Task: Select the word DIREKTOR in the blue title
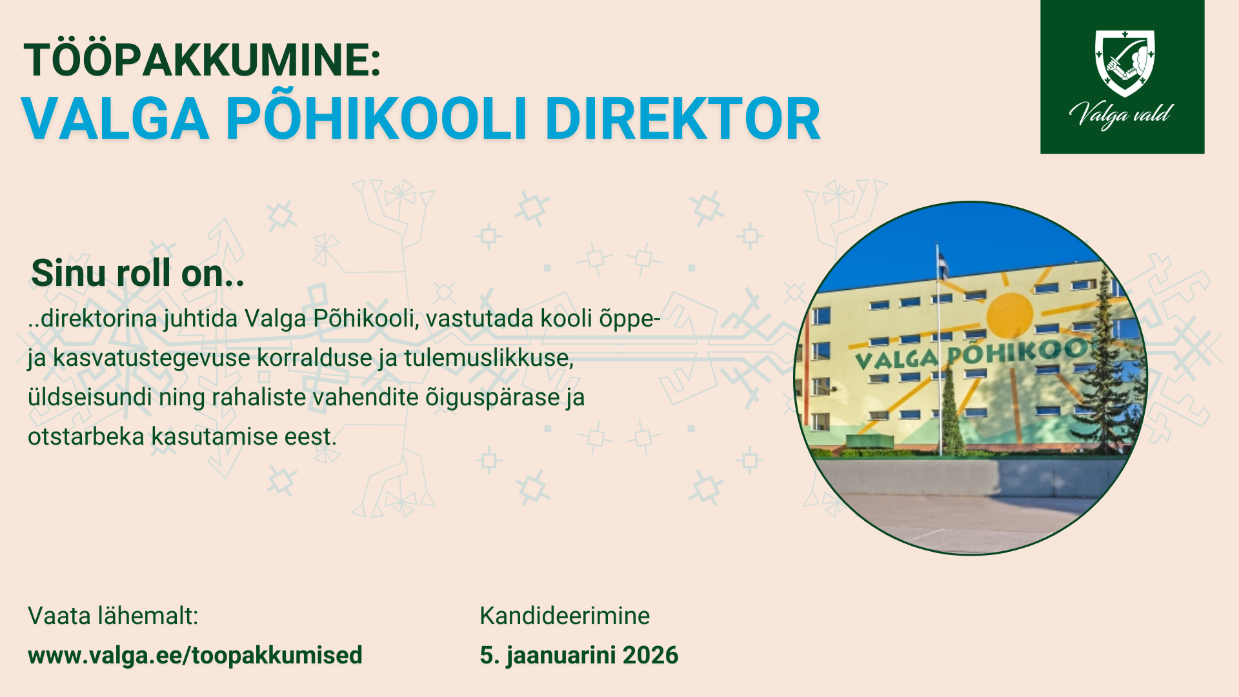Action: point(683,119)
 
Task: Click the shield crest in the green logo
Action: point(1125,63)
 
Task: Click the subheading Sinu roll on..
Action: point(137,273)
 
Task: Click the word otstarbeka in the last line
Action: point(86,436)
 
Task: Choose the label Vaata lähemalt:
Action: point(113,616)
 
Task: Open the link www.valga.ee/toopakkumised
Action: point(195,655)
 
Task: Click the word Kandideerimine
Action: point(565,616)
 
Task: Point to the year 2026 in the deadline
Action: point(650,655)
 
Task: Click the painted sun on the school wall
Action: point(1010,316)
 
